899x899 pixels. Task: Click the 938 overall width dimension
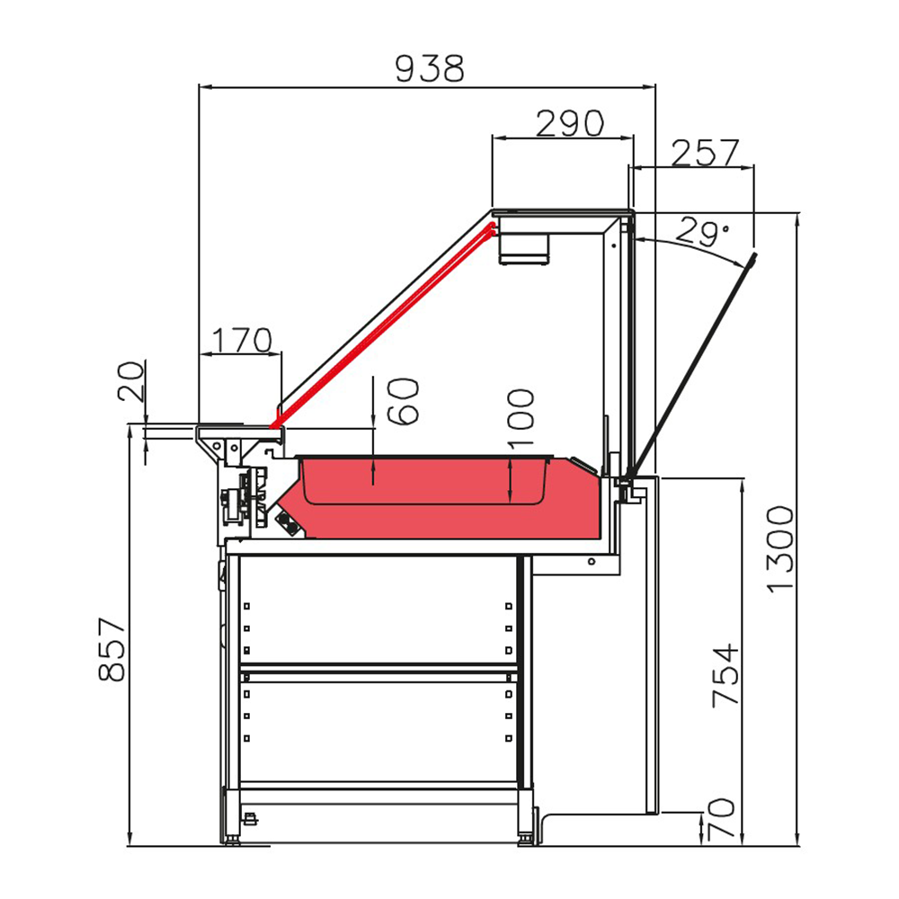tap(429, 67)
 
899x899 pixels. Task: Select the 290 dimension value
tap(570, 123)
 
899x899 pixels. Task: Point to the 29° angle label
tap(703, 233)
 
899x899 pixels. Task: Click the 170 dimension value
tap(240, 340)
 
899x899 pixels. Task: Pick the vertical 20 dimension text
tap(131, 383)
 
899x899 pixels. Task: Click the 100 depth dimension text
tap(521, 419)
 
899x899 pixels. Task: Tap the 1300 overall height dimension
tap(780, 549)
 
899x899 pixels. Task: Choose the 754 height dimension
tap(725, 674)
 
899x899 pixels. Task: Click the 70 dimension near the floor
tap(725, 821)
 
